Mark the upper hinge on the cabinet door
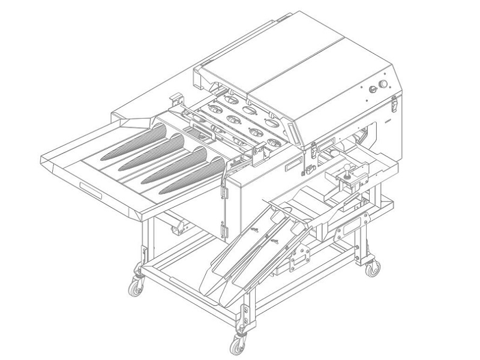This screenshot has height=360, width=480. pyautogui.click(x=226, y=191)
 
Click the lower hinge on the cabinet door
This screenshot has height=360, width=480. pyautogui.click(x=226, y=230)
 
